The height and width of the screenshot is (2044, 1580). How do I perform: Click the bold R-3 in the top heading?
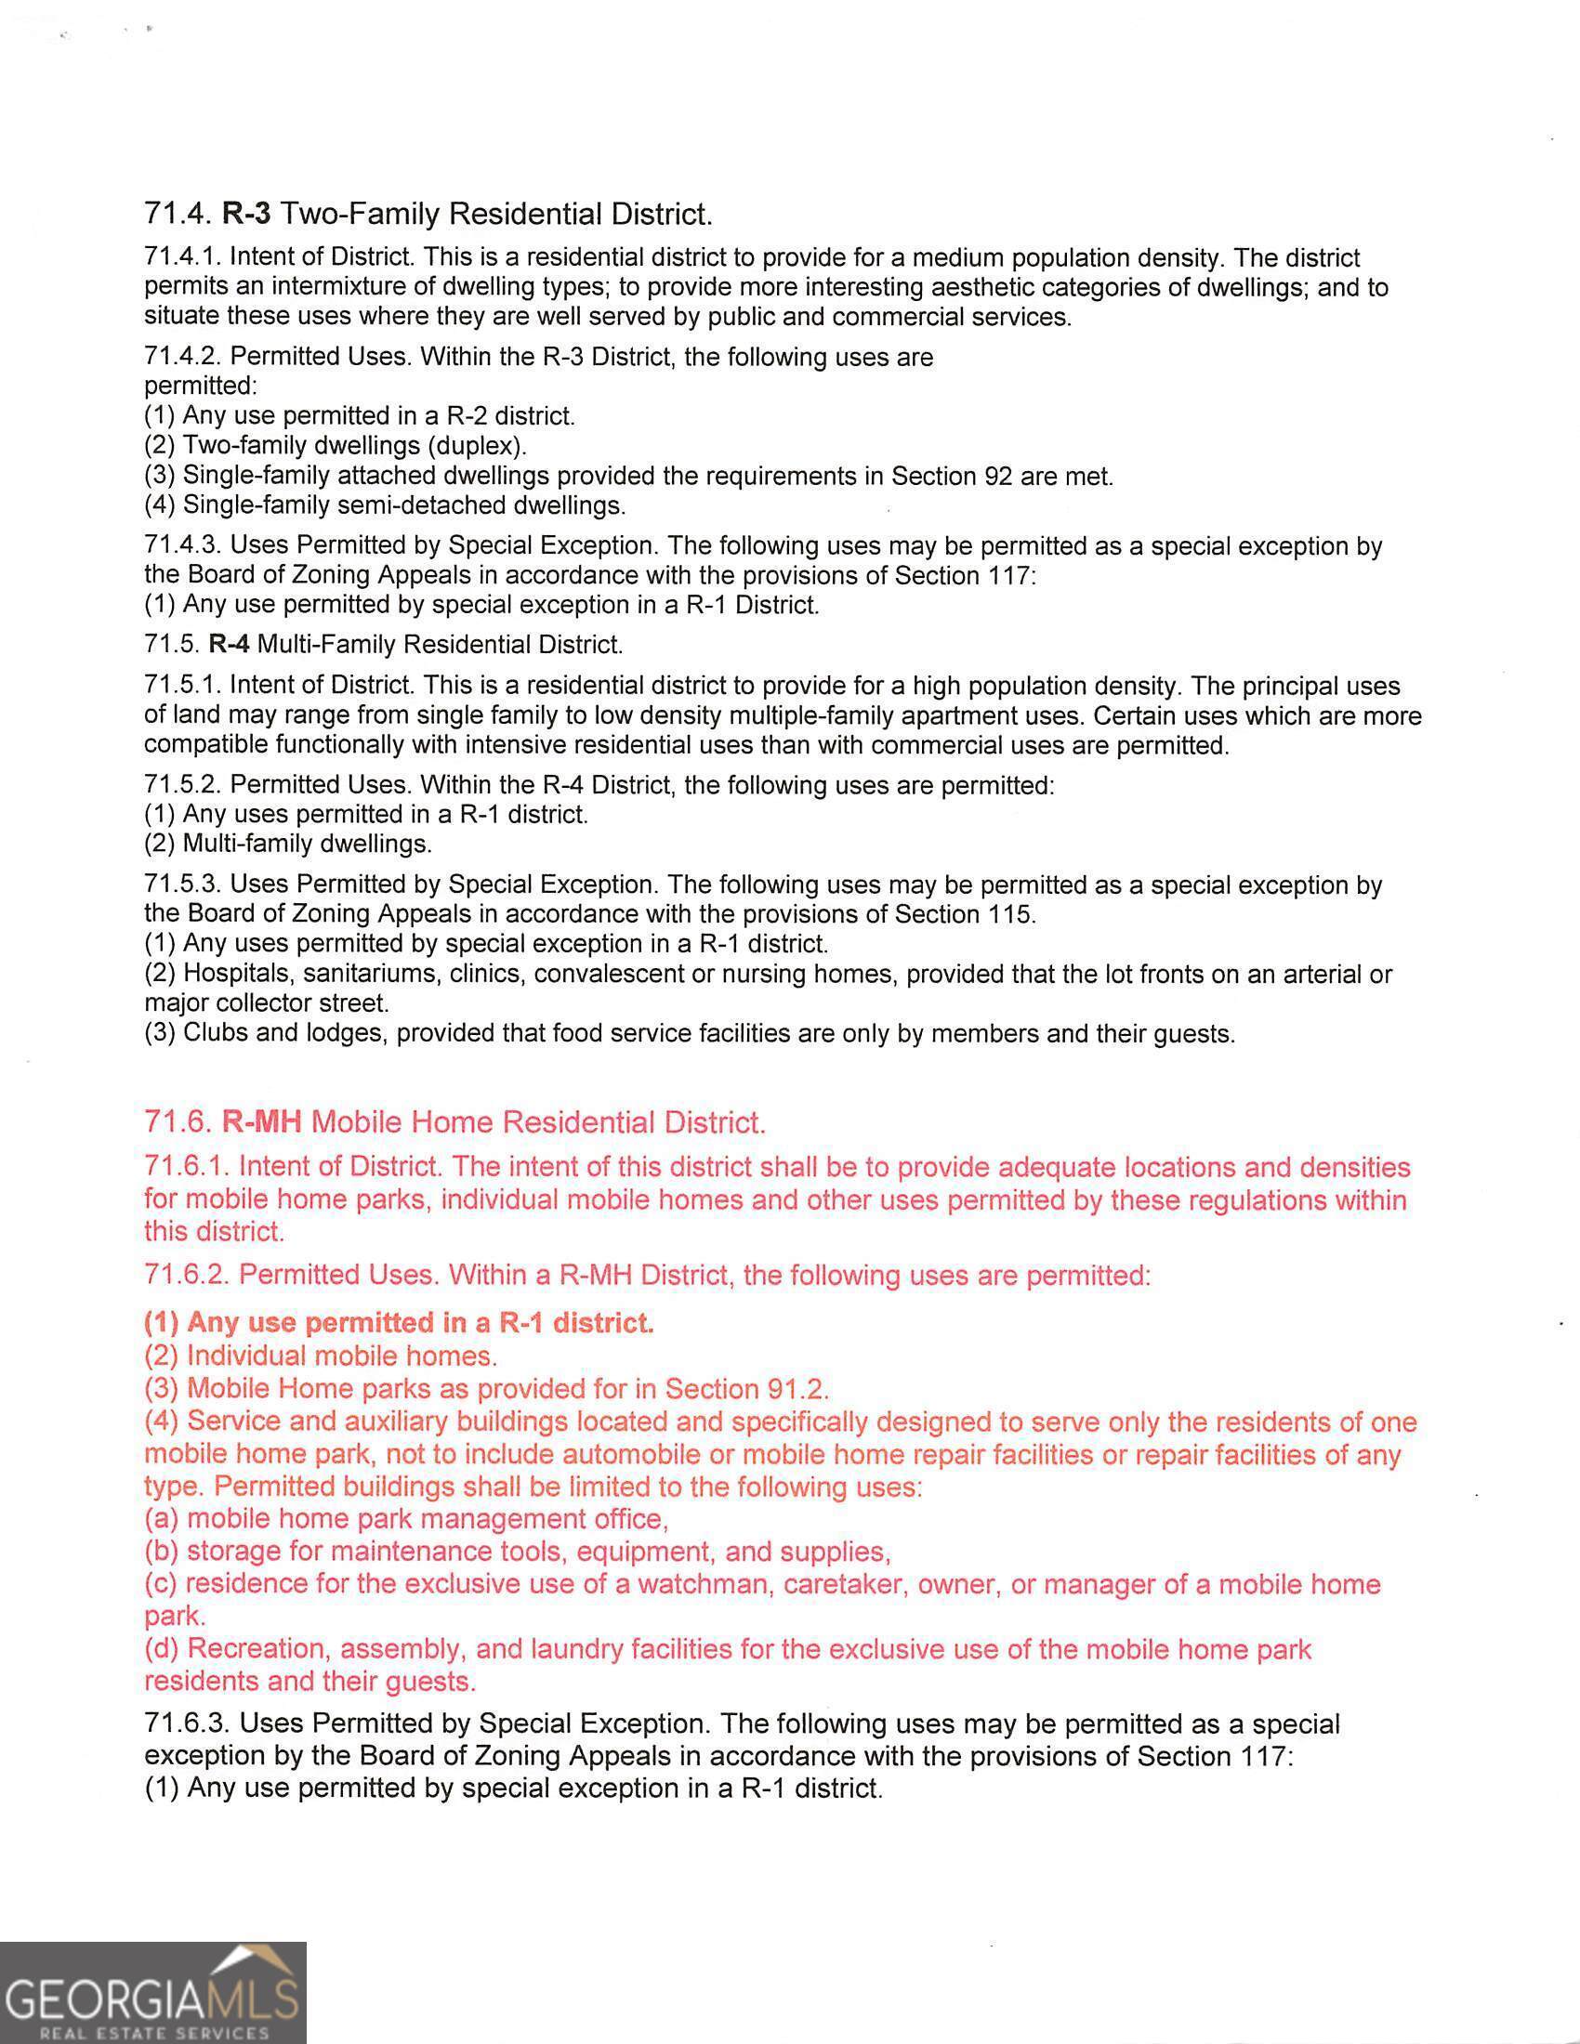(247, 215)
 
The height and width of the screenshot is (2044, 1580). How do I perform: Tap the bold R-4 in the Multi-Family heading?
(230, 644)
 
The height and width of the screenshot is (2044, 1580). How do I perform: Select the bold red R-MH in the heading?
(261, 1121)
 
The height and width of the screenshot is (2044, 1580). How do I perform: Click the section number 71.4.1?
(182, 257)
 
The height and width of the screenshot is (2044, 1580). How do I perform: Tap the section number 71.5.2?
(182, 785)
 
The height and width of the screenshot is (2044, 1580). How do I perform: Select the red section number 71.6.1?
(187, 1167)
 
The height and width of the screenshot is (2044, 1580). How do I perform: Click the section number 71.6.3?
(187, 1723)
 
